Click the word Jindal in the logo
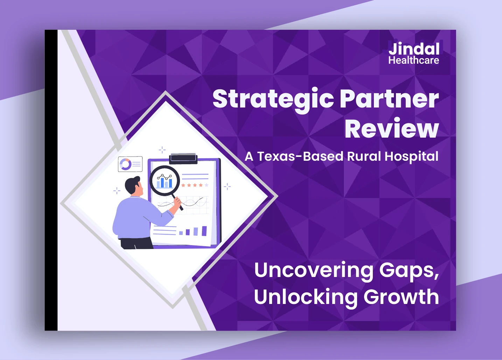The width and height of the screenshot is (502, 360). coord(414,49)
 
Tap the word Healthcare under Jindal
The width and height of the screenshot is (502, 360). coord(414,60)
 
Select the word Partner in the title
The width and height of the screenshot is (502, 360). coord(390,99)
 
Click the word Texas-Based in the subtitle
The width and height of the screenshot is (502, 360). coord(300,156)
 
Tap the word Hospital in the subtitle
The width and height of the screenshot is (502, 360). coord(411,157)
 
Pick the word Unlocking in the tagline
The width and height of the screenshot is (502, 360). coord(306,297)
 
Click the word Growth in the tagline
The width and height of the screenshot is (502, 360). coord(401,297)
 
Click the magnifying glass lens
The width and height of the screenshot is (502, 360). coord(165,181)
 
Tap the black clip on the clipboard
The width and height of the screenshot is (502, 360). coord(183,159)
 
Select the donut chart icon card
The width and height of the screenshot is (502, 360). coord(130,164)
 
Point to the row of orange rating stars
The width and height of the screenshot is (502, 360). coord(195,185)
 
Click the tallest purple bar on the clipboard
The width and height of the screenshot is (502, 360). coord(204,231)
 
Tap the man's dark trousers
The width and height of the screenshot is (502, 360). coord(137,243)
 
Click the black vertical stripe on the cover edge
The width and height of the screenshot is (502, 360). coord(51,180)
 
